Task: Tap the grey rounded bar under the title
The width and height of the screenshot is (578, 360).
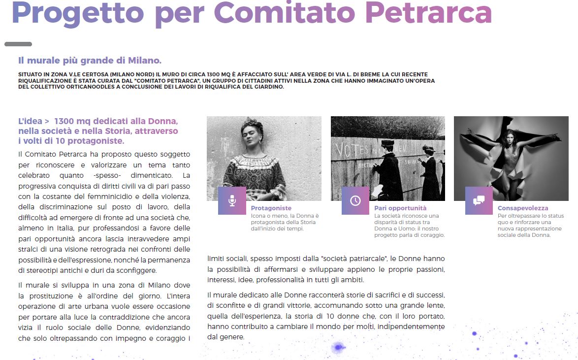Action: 18,44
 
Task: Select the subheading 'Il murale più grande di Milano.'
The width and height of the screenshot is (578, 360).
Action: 90,61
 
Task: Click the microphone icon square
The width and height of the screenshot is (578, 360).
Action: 232,200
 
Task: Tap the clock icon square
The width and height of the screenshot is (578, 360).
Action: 355,200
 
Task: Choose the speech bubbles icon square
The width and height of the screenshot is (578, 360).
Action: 479,200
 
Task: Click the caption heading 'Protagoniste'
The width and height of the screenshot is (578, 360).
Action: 271,208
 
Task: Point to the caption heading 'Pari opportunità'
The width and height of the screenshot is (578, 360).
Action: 400,208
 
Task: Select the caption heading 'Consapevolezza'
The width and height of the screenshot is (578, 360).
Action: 522,208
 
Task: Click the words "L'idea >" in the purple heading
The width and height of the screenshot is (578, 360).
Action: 33,121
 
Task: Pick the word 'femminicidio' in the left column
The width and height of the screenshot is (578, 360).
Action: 120,197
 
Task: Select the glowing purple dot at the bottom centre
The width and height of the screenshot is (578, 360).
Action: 338,347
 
